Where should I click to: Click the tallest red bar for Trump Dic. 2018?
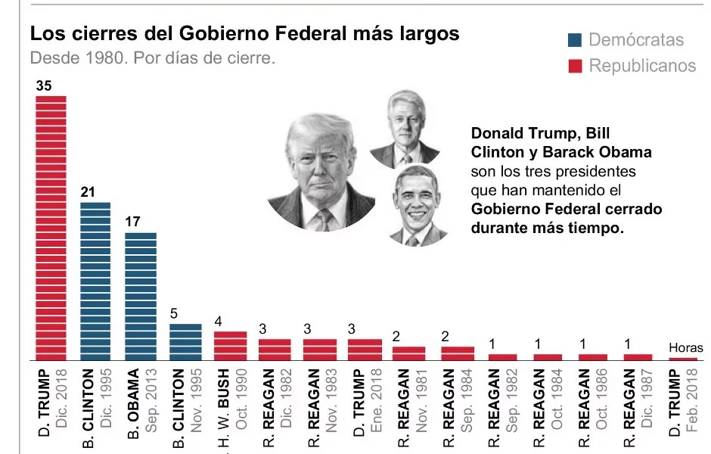[x=51, y=228]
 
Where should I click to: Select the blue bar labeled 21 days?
[x=95, y=281]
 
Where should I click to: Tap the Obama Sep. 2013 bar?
[x=141, y=297]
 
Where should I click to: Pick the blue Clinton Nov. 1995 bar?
[x=185, y=342]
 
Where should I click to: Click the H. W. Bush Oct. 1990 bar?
[x=231, y=346]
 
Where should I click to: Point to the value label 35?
[x=44, y=86]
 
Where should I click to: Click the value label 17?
[x=133, y=222]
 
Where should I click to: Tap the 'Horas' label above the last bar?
[x=685, y=348]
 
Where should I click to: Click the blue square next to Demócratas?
[x=575, y=40]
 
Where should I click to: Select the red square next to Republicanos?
[x=575, y=66]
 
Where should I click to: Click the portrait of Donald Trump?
[x=321, y=173]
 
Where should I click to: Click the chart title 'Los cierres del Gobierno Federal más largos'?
[x=245, y=34]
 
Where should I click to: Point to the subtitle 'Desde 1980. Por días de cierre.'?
[x=152, y=58]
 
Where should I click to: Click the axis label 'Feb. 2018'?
[x=692, y=400]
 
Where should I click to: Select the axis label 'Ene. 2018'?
[x=375, y=400]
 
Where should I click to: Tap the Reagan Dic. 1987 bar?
[x=638, y=357]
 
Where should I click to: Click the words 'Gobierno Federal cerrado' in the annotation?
[x=567, y=209]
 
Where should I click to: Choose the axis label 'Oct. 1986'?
[x=601, y=399]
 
